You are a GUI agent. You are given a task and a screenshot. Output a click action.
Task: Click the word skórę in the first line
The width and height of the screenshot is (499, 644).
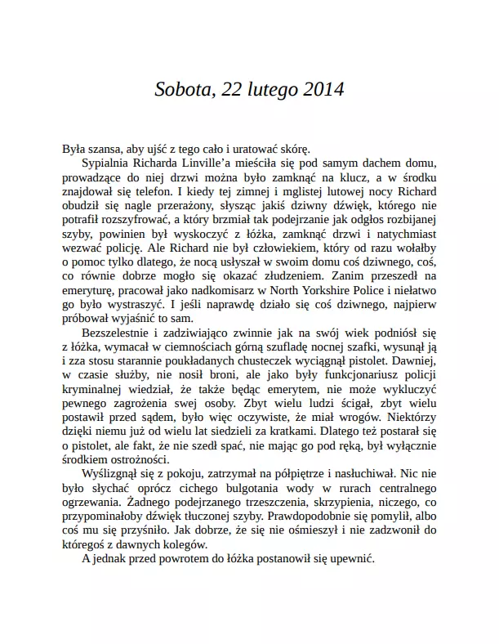pyautogui.click(x=292, y=148)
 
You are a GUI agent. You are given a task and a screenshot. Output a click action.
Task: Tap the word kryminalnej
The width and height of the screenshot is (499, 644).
pyautogui.click(x=95, y=388)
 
